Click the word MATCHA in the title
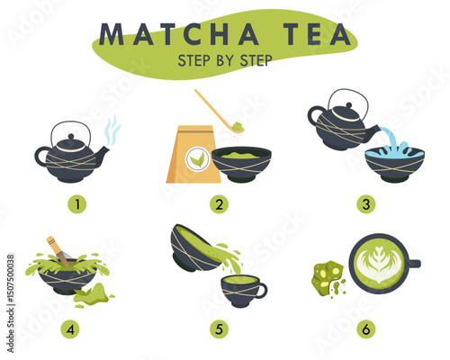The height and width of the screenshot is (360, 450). coord(179,33)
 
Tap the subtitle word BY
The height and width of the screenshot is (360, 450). coord(225,60)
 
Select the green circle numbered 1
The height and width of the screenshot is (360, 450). coord(77,204)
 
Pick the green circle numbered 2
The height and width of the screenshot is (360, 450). coord(219,204)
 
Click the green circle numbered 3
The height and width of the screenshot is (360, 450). coord(366,204)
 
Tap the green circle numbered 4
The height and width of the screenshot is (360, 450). coord(70,329)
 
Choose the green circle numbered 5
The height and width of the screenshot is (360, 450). coord(219,329)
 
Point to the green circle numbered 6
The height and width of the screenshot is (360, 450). coord(366,329)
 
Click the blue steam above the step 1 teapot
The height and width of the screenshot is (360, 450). coord(112,130)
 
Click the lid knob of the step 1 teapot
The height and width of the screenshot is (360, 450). coord(71,137)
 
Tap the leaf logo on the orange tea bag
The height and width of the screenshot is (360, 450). coord(196,159)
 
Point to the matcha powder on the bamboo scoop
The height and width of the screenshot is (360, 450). coord(238,125)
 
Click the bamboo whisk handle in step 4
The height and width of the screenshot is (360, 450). coord(53,245)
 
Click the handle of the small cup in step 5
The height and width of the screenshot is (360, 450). coord(261,291)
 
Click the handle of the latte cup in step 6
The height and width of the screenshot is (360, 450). coord(414,264)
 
